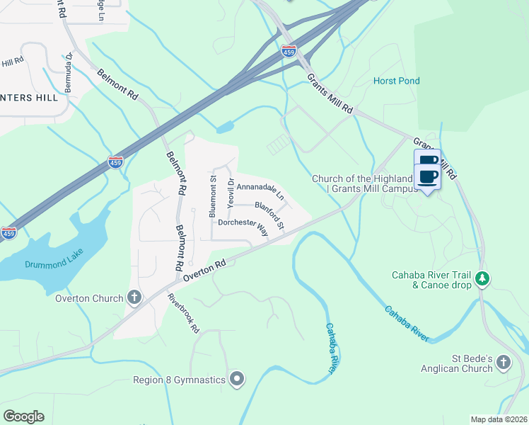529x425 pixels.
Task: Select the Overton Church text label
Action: pyautogui.click(x=89, y=298)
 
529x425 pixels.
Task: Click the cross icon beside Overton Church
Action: pyautogui.click(x=134, y=297)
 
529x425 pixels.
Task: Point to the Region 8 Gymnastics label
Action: pyautogui.click(x=180, y=380)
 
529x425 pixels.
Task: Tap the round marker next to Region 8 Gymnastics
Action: pyautogui.click(x=237, y=380)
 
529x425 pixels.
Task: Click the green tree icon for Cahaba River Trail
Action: pyautogui.click(x=483, y=279)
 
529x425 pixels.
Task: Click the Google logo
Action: pyautogui.click(x=23, y=416)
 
